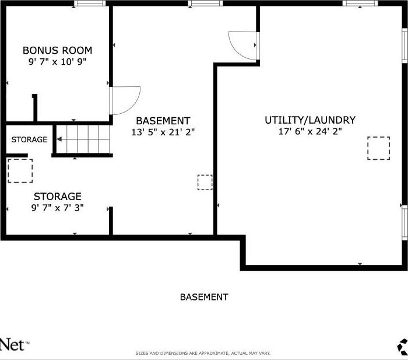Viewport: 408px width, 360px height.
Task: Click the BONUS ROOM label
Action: [57, 50]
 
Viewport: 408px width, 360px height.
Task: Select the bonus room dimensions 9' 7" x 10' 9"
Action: [57, 62]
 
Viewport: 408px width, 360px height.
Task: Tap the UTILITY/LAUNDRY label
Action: [309, 120]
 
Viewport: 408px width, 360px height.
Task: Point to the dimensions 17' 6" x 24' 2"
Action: [309, 131]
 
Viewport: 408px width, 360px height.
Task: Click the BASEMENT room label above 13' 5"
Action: [163, 121]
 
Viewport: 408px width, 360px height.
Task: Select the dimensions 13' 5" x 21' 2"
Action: [163, 132]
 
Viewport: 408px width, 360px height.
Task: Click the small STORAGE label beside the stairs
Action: [29, 139]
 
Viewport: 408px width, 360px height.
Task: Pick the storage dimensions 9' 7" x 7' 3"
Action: [57, 208]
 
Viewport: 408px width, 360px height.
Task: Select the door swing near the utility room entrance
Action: [242, 44]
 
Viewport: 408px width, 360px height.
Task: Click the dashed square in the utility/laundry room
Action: [378, 148]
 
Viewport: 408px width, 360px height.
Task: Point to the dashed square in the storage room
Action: [20, 171]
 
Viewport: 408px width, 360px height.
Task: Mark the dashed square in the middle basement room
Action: [205, 182]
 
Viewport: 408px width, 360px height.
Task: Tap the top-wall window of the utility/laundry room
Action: [360, 4]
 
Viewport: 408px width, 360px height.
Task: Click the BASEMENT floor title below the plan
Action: [204, 297]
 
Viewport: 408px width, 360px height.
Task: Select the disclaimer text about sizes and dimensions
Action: [203, 353]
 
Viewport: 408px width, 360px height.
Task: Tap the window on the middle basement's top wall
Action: [206, 4]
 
